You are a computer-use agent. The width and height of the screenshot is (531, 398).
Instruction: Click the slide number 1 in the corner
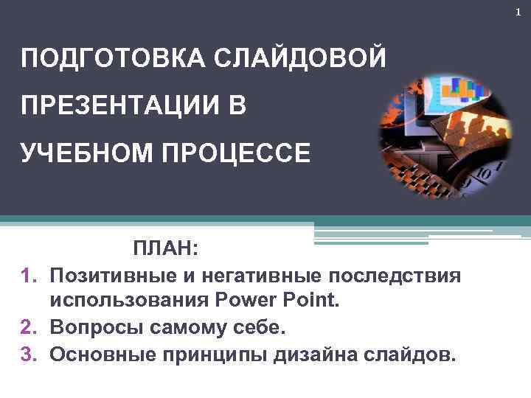(518, 12)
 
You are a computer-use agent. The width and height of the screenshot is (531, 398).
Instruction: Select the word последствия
(395, 276)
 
